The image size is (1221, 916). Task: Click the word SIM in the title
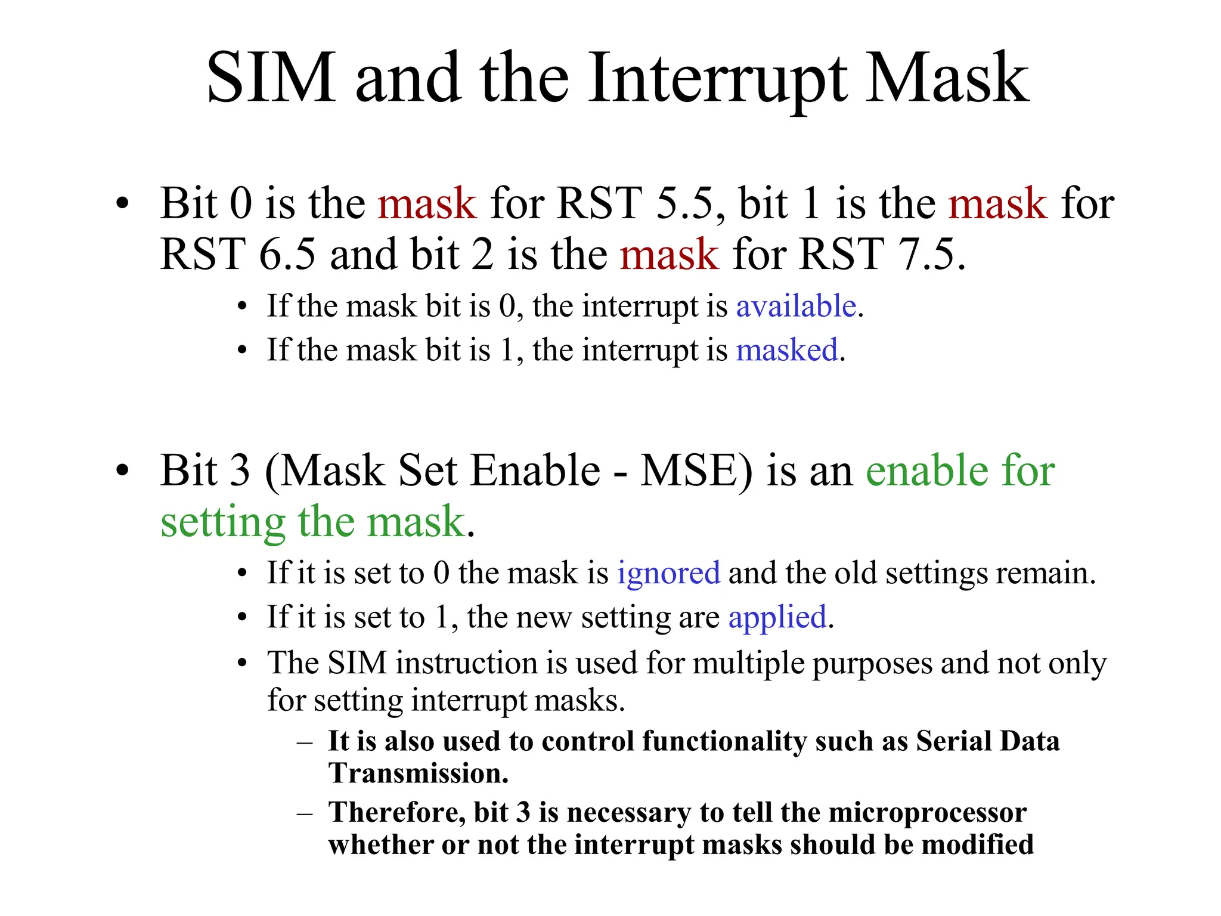click(x=271, y=79)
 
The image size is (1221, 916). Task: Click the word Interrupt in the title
click(x=717, y=79)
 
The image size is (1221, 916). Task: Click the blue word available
click(x=796, y=307)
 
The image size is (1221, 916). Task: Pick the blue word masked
click(x=787, y=350)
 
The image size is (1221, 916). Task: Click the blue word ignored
click(x=668, y=573)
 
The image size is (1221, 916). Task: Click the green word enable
click(x=926, y=471)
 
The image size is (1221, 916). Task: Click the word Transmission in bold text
click(x=419, y=773)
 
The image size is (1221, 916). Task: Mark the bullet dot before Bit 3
click(x=122, y=471)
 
